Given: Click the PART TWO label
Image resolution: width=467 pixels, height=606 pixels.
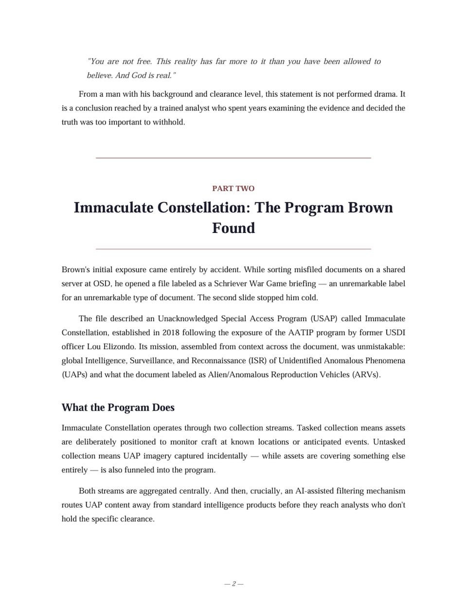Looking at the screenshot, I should [x=233, y=188].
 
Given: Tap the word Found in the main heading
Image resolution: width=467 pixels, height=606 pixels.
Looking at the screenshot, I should [x=233, y=228].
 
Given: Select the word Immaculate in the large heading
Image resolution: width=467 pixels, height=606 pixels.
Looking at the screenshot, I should [x=114, y=207].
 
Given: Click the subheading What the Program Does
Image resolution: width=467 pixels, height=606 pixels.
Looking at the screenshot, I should [x=118, y=408].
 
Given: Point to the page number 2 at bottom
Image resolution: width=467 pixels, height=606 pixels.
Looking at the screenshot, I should [x=233, y=584].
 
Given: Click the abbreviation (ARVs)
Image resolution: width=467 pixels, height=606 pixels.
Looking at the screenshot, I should [x=366, y=374].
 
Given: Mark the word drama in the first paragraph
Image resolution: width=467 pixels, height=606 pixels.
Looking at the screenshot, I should [x=385, y=94].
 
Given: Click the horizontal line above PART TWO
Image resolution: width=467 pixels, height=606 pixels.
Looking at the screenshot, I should [x=233, y=158].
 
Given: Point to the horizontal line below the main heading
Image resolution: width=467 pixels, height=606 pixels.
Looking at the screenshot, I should [x=233, y=249].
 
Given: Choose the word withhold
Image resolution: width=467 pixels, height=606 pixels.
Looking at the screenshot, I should [x=168, y=122].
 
